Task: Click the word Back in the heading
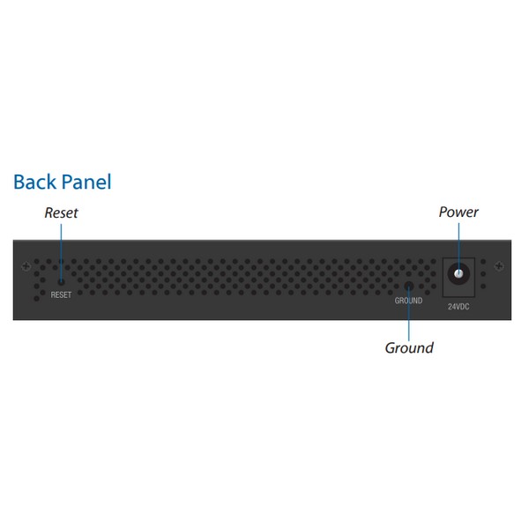point(34,182)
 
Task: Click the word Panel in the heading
point(86,182)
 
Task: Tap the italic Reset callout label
point(61,212)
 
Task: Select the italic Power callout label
point(458,212)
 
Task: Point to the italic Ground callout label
point(409,348)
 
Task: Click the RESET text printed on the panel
point(61,294)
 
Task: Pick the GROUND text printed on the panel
point(408,301)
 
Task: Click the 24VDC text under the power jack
point(458,307)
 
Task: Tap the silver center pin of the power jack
point(458,273)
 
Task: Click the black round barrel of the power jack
point(458,273)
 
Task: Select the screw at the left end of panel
point(26,266)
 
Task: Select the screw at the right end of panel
point(499,266)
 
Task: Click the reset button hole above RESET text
point(61,281)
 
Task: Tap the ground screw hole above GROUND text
point(409,286)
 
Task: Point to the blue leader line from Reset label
point(61,252)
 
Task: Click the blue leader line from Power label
point(458,247)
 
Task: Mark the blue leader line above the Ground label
point(409,315)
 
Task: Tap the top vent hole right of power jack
point(483,262)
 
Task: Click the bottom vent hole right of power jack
point(483,286)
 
